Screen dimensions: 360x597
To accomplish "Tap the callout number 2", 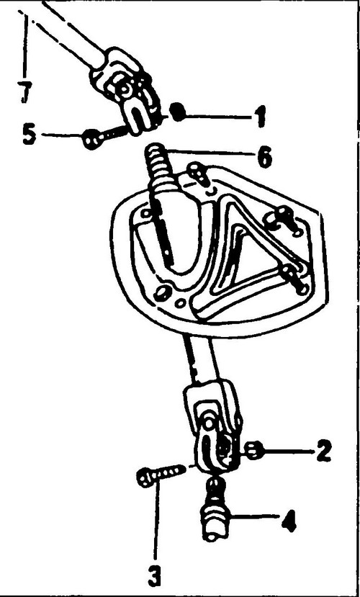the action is coord(323,452).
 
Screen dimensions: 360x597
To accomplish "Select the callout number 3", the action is coord(154,576).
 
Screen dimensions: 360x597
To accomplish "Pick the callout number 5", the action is coord(30,135).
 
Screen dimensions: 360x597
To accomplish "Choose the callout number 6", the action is coord(264,157).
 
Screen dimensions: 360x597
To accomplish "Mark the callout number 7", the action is coord(25,92).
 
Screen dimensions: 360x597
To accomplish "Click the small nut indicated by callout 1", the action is coord(178,112).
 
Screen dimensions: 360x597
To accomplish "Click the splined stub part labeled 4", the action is coord(215,509).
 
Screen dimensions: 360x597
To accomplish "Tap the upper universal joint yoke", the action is coord(125,91).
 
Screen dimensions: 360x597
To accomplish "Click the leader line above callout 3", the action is coord(156,524).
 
